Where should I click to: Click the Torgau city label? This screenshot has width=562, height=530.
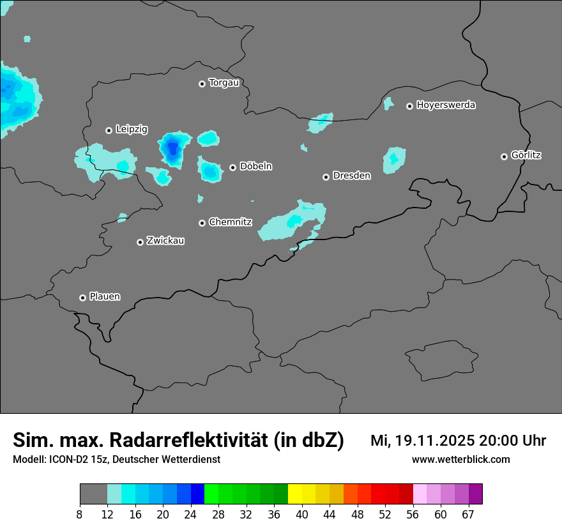pos(224,83)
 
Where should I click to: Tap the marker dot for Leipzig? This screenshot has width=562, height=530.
pos(109,130)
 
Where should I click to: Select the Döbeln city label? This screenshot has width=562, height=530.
pos(255,167)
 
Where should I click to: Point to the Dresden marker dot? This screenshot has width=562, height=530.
pos(326,177)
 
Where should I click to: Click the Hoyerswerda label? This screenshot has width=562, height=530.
pos(446,105)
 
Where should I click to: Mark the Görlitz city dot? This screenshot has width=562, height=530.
pos(504,156)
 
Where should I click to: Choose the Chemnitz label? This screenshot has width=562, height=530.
pos(230,222)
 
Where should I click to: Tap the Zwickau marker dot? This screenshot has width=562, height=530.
pos(140,242)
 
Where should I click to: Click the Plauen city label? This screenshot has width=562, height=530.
pos(105,297)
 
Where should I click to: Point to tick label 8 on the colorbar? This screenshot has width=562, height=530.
pos(80,515)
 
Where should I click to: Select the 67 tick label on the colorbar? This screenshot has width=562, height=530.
pos(468,515)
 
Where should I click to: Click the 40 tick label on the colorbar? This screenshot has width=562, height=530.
pos(302,515)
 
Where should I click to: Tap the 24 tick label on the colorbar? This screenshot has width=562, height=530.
pos(191,515)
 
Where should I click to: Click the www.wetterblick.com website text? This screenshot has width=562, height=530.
pos(460,459)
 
